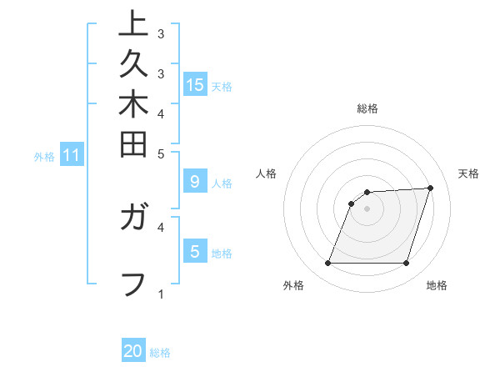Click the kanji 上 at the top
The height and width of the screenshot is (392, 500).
tap(132, 23)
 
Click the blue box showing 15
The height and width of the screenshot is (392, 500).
tap(195, 84)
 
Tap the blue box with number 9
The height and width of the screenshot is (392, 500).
tap(194, 181)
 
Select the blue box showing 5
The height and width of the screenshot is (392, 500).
tap(194, 251)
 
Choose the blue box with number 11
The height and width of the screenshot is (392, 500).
tap(71, 155)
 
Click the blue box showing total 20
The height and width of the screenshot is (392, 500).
tap(133, 351)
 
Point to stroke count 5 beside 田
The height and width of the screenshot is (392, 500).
tap(161, 153)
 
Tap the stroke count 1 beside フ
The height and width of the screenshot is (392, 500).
tap(161, 294)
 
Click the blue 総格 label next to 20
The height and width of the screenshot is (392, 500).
tap(160, 353)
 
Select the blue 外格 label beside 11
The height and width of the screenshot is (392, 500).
tap(44, 156)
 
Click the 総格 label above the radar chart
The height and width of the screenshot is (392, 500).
tap(367, 108)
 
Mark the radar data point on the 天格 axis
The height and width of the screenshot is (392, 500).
tap(430, 188)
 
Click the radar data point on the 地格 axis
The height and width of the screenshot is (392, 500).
tap(406, 264)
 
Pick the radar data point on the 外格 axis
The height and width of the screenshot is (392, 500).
tap(327, 264)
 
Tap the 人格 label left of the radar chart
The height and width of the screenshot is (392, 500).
tap(267, 173)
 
